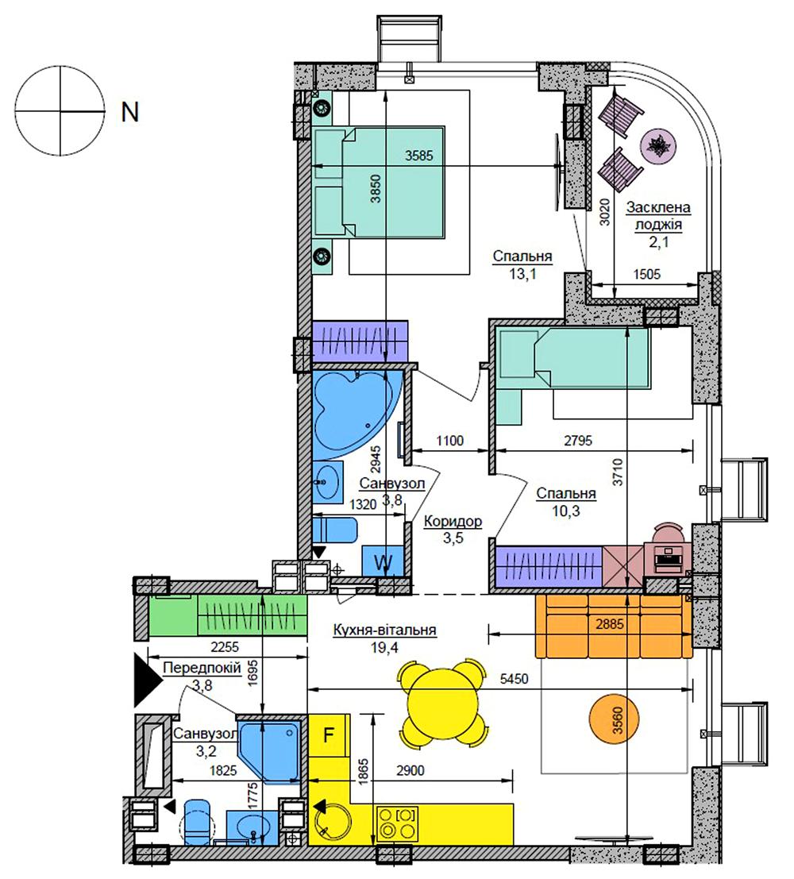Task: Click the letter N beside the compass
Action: tap(129, 112)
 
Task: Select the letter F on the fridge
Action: tap(330, 734)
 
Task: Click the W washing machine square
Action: tap(383, 561)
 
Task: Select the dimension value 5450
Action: tap(514, 679)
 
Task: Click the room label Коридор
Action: tap(453, 522)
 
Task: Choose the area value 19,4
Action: tap(384, 648)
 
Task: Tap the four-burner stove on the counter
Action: tap(397, 823)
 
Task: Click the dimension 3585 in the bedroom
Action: tap(419, 156)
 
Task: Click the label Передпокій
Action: tap(202, 669)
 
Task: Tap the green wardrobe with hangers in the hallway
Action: tap(252, 615)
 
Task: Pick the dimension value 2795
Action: tap(578, 441)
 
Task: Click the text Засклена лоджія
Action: tap(658, 216)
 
